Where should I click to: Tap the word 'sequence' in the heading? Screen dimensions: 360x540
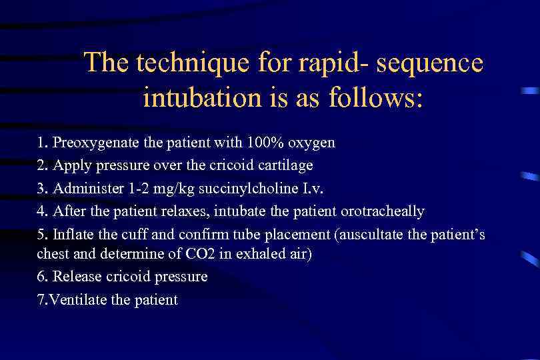(433, 63)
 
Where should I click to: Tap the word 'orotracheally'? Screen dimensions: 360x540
(382, 211)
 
